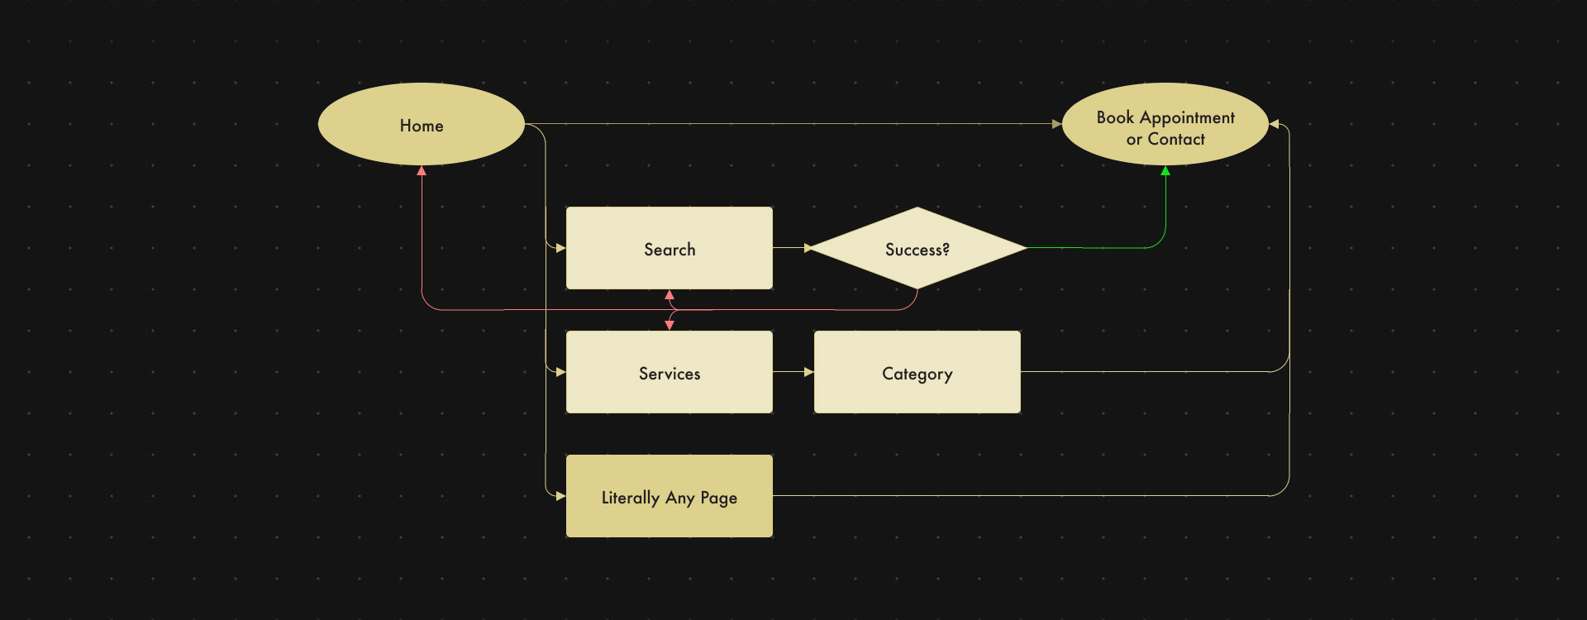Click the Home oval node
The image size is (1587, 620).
[422, 124]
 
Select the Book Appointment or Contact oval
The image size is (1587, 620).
[1165, 124]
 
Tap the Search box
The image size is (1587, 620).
[670, 248]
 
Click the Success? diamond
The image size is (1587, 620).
[917, 248]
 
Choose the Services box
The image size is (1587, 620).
[670, 372]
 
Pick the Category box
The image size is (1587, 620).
[917, 372]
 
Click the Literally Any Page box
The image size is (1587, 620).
[670, 496]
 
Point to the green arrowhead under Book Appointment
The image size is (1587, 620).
[1165, 170]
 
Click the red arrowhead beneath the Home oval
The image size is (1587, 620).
[422, 170]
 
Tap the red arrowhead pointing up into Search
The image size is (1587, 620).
[670, 294]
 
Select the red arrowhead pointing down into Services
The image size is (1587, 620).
[670, 326]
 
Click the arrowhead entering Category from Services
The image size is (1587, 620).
[809, 372]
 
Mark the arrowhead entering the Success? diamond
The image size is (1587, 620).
[809, 248]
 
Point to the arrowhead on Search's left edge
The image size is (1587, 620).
[561, 248]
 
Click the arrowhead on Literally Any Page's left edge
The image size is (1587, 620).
[561, 496]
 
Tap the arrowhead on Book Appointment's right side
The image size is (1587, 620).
[1274, 124]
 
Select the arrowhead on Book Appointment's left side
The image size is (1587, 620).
[1057, 124]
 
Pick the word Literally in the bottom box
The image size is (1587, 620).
[630, 498]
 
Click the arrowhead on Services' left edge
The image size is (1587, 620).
[561, 372]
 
